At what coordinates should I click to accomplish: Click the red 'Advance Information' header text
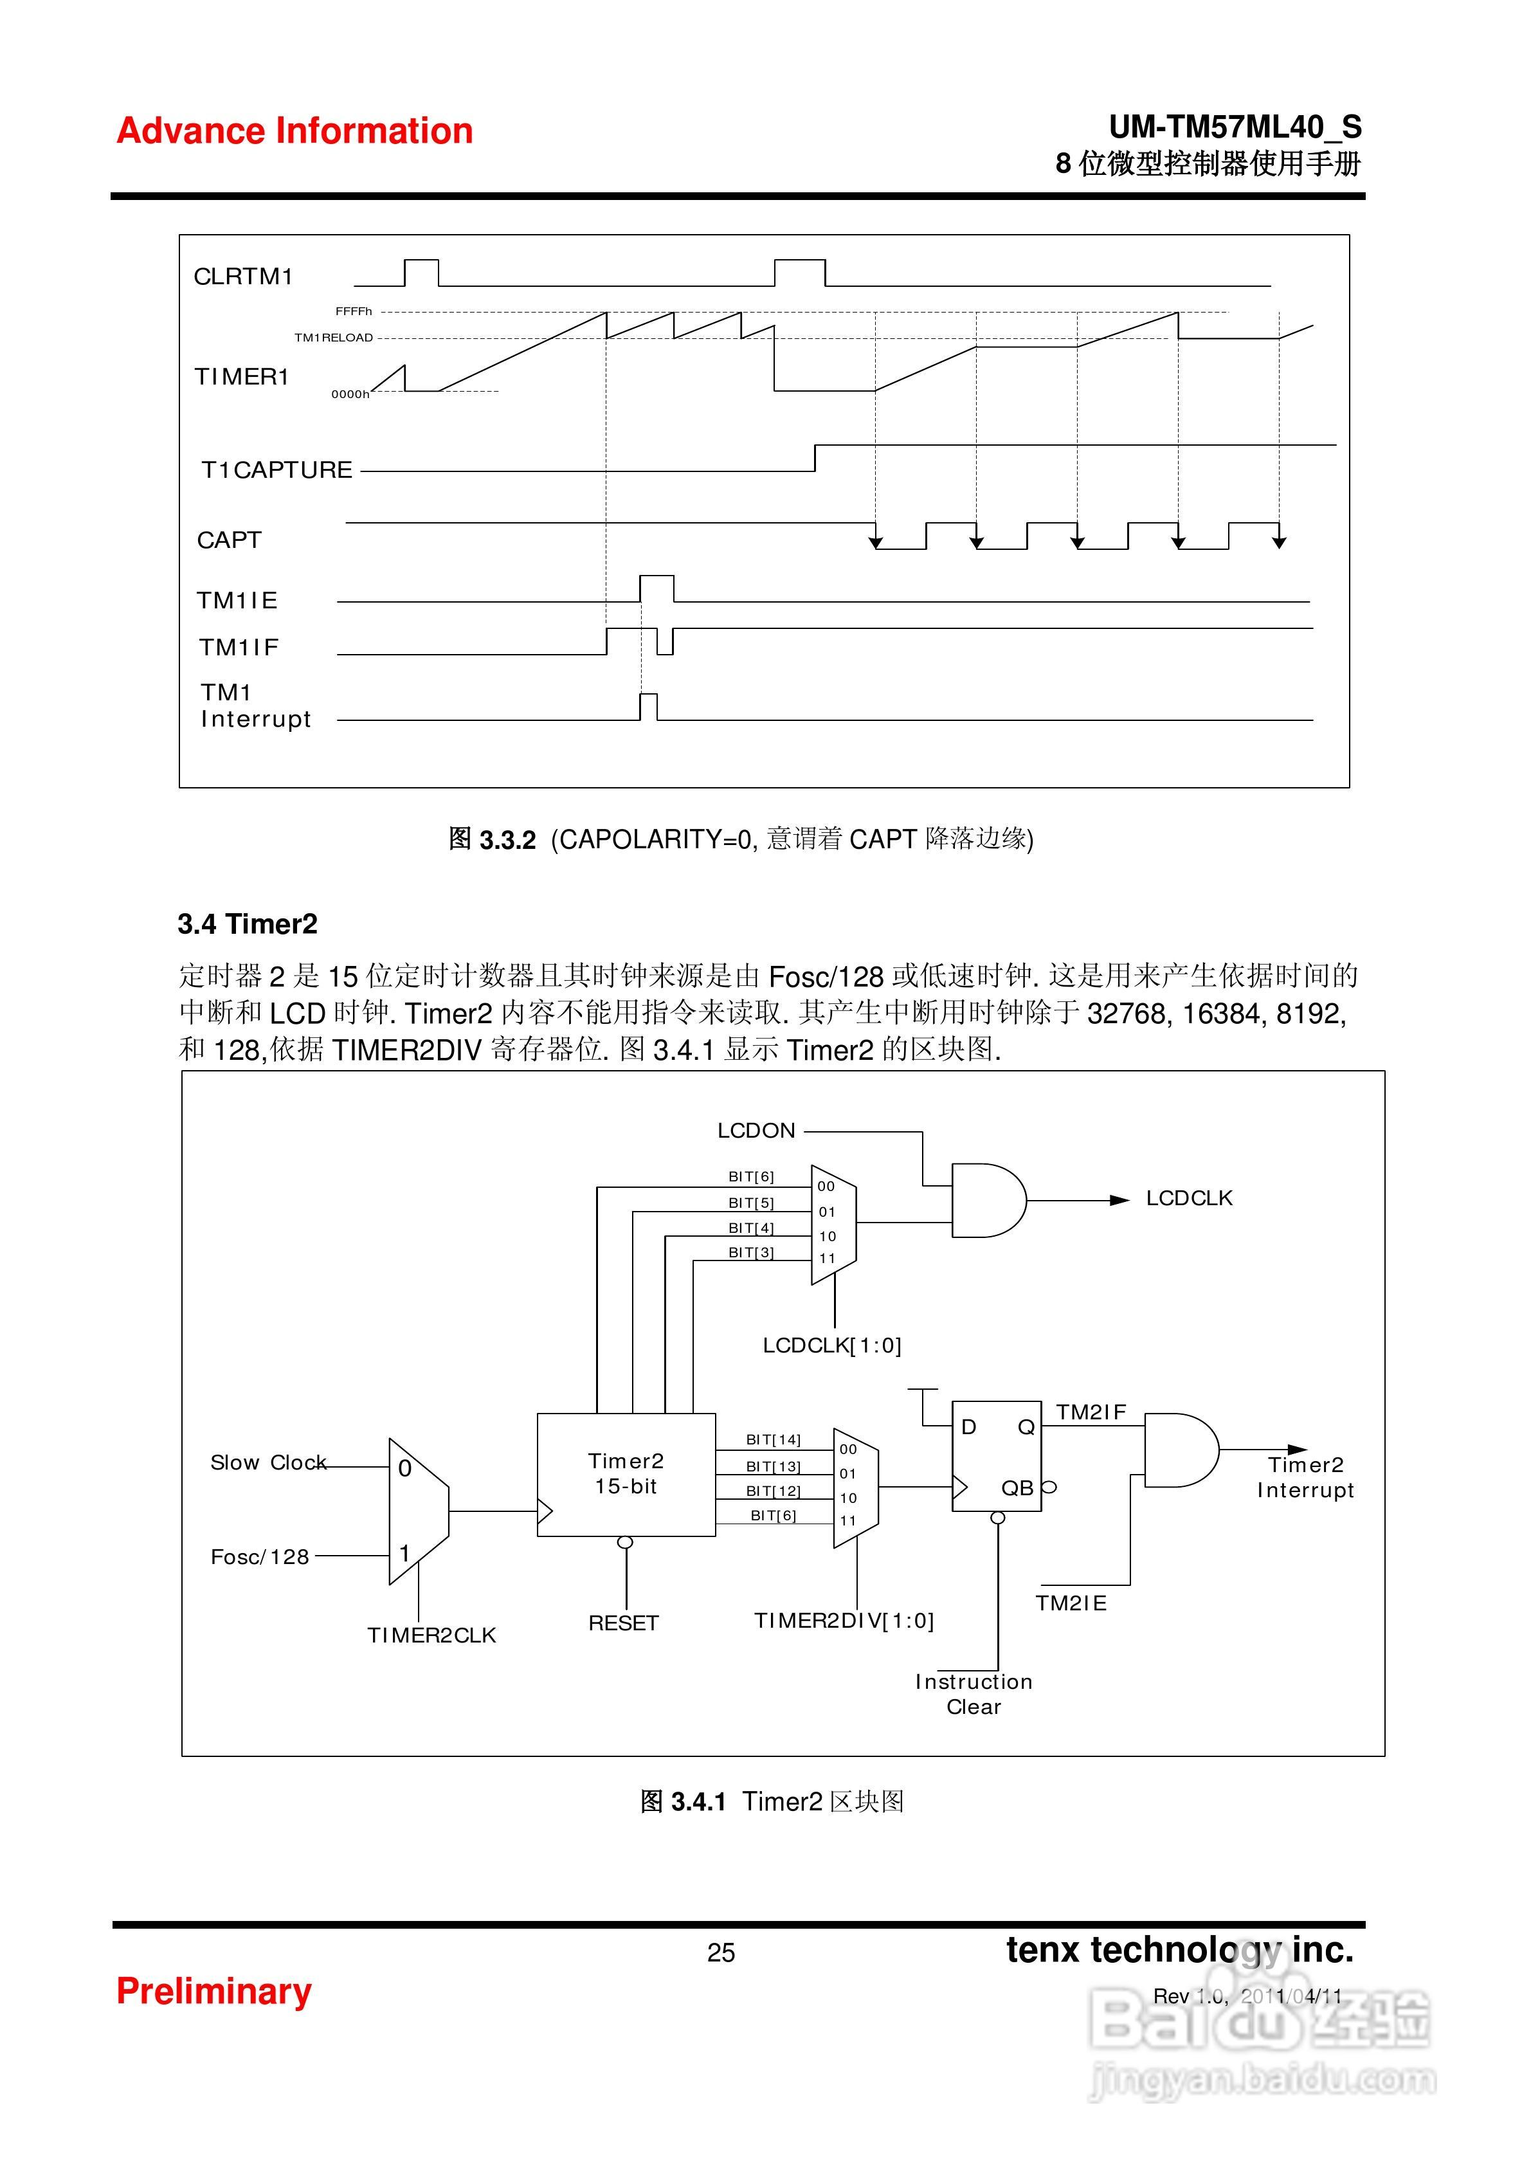coord(294,131)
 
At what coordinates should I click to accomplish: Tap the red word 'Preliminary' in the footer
coord(213,1990)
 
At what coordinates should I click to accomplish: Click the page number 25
coord(721,1952)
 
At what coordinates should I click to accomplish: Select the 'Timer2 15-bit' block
coord(626,1473)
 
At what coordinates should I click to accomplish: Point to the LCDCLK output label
coord(1188,1198)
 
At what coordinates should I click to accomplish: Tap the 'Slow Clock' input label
coord(268,1462)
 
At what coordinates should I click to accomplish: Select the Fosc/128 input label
coord(259,1556)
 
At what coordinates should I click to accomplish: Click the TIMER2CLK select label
coord(431,1635)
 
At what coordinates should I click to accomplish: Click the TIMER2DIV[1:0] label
coord(844,1621)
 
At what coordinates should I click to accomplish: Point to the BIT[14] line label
coord(773,1439)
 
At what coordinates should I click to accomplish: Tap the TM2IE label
coord(1071,1603)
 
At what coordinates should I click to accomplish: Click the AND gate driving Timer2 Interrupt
coord(1179,1450)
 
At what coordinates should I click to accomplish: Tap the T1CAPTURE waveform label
coord(276,470)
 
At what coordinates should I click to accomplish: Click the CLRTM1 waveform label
coord(243,277)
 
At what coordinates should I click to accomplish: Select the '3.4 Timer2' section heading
coord(247,924)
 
